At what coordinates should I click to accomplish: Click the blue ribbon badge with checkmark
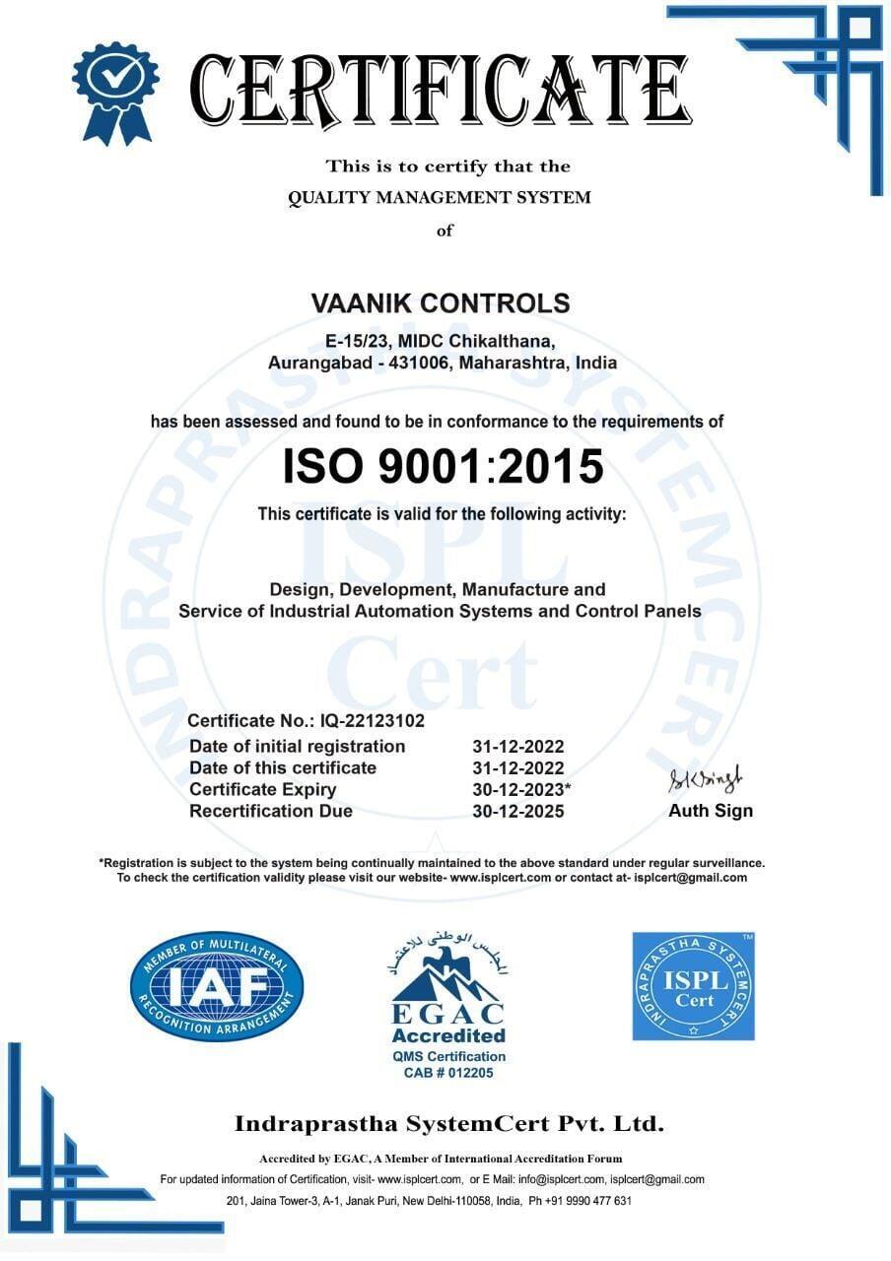[x=115, y=89]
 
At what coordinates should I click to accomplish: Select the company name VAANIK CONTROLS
[x=441, y=303]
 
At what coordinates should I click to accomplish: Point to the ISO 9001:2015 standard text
[x=443, y=466]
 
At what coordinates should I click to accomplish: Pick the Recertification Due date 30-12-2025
[x=518, y=812]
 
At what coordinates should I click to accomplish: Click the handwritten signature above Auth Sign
[x=708, y=781]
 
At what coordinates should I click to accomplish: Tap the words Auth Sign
[x=710, y=811]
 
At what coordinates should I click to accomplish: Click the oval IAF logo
[x=217, y=986]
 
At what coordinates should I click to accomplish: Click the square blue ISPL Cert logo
[x=693, y=986]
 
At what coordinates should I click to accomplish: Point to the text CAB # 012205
[x=448, y=1073]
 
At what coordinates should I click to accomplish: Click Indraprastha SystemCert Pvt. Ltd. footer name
[x=448, y=1123]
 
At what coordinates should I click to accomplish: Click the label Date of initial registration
[x=297, y=746]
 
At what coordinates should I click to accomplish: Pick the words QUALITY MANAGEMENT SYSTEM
[x=440, y=197]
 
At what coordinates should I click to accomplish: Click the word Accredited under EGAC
[x=448, y=1035]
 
